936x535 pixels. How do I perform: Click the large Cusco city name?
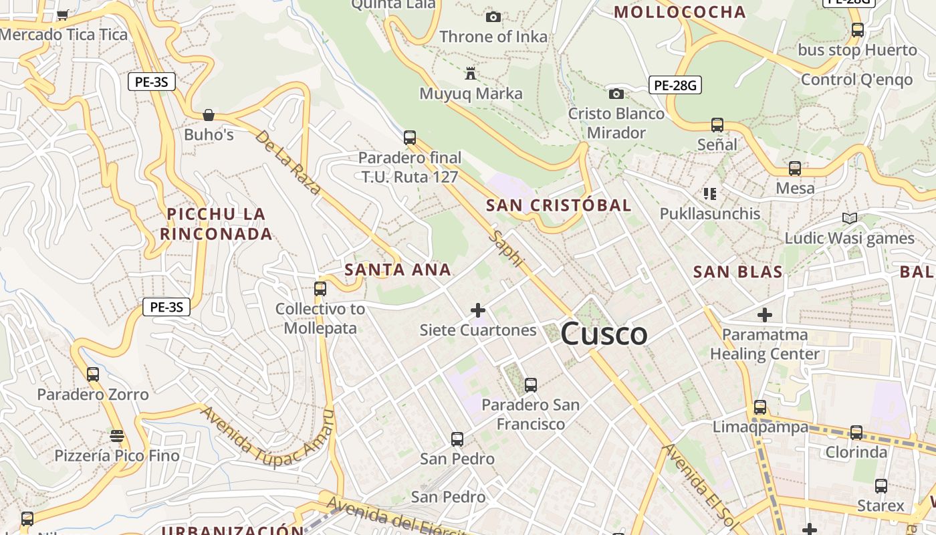pyautogui.click(x=604, y=334)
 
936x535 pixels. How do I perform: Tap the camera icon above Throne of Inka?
pyautogui.click(x=493, y=17)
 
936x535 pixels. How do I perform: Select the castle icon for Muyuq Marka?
pyautogui.click(x=471, y=73)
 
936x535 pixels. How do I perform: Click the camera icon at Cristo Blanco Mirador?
pyautogui.click(x=616, y=94)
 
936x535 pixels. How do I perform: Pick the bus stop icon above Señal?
pyautogui.click(x=717, y=124)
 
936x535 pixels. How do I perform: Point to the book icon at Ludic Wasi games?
pyautogui.click(x=849, y=218)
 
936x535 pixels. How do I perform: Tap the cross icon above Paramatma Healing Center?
pyautogui.click(x=765, y=314)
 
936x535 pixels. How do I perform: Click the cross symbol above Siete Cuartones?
pyautogui.click(x=478, y=310)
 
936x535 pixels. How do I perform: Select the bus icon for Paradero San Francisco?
pyautogui.click(x=531, y=385)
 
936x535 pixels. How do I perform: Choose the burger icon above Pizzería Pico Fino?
pyautogui.click(x=117, y=436)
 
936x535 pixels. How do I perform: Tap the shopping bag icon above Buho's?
pyautogui.click(x=209, y=115)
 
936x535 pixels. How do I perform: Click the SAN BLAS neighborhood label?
pyautogui.click(x=737, y=272)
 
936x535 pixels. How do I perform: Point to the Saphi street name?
pyautogui.click(x=506, y=249)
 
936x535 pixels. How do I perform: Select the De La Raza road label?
pyautogui.click(x=288, y=162)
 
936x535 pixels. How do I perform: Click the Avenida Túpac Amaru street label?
pyautogui.click(x=267, y=435)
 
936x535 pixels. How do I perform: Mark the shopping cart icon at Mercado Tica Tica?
pyautogui.click(x=63, y=15)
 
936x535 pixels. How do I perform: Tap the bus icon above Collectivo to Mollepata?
pyautogui.click(x=320, y=289)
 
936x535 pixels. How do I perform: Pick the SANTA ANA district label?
pyautogui.click(x=398, y=270)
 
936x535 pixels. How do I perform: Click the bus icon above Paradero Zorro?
pyautogui.click(x=93, y=374)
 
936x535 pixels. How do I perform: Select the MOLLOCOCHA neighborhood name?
pyautogui.click(x=679, y=12)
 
